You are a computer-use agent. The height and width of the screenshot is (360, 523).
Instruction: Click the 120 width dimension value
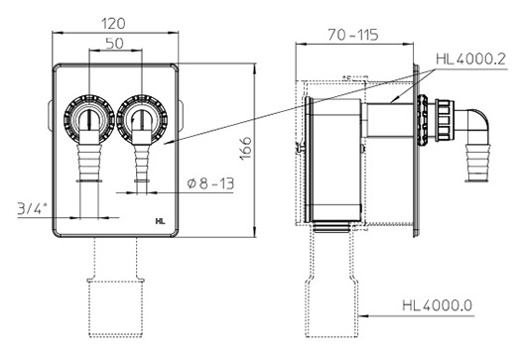tap(113, 24)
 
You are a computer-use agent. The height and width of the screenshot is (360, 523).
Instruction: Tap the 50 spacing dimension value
tap(114, 44)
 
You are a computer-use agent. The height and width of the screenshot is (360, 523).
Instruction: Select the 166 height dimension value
tap(246, 149)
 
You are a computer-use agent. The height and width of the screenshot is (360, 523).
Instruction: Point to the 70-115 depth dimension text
tap(353, 35)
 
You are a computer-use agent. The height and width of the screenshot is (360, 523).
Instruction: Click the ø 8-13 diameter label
tap(210, 183)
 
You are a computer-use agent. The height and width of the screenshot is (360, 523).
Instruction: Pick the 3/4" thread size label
tap(32, 209)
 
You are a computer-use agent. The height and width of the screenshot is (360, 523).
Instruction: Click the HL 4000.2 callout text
tap(471, 59)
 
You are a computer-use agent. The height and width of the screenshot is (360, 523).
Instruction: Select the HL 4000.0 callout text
tap(438, 305)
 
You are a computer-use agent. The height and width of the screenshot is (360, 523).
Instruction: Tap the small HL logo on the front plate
tap(160, 221)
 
